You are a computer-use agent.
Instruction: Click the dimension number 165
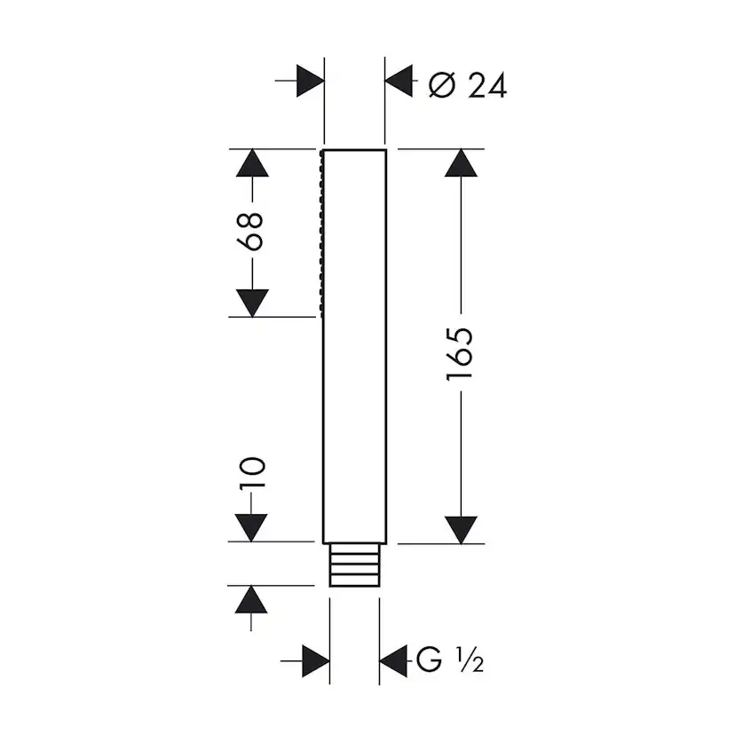click(x=461, y=355)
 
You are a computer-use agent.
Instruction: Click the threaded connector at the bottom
click(x=354, y=565)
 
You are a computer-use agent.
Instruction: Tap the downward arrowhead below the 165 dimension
click(x=461, y=529)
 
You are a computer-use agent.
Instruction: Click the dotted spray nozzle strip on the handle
click(x=319, y=233)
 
